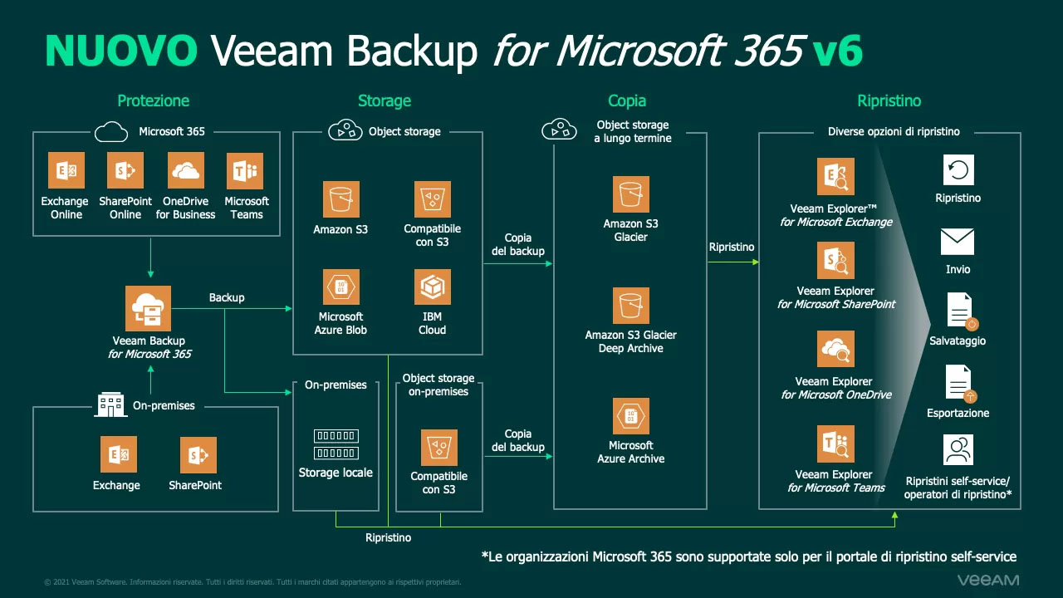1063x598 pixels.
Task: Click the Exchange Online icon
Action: (x=65, y=171)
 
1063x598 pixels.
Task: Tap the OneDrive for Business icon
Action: (x=186, y=171)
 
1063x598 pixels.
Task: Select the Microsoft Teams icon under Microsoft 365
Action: (x=245, y=171)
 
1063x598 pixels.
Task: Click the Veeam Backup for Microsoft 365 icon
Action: (x=149, y=309)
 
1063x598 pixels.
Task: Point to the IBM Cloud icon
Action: (x=432, y=287)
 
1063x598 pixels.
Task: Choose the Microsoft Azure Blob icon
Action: (x=340, y=287)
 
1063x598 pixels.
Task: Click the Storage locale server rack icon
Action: (x=336, y=444)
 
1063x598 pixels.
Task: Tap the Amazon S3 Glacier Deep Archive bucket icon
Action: (x=631, y=306)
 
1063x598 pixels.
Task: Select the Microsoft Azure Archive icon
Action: (x=631, y=417)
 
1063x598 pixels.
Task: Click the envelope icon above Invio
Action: (x=958, y=242)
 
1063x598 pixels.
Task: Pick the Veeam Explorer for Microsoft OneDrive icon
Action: (x=835, y=350)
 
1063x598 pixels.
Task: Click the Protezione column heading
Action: (x=153, y=100)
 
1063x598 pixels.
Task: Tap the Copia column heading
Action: (x=627, y=100)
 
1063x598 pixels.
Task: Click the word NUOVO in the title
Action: (x=121, y=51)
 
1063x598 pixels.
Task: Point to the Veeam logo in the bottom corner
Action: (x=987, y=580)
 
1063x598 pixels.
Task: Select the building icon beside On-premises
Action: (x=111, y=405)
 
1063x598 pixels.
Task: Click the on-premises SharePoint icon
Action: (x=198, y=455)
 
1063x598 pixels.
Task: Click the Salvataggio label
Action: (x=958, y=341)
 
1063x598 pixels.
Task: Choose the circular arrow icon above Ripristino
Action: (x=958, y=170)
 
